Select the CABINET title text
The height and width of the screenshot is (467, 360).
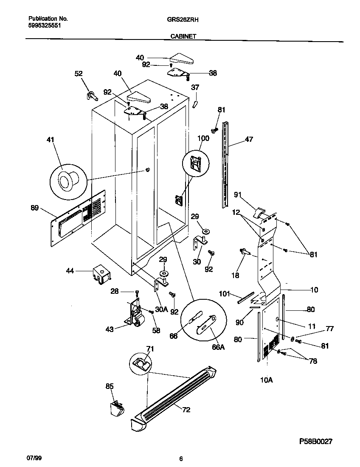(183, 37)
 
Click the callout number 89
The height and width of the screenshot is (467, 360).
(35, 208)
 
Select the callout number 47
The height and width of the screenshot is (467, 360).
(249, 139)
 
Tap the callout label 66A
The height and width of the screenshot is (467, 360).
(218, 347)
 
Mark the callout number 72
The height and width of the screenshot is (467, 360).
(186, 410)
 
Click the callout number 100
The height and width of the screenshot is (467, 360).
(204, 139)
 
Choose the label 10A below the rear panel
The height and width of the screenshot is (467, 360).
(266, 380)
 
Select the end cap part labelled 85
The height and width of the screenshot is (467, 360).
(115, 408)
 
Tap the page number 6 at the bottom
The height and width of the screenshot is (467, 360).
(181, 459)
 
